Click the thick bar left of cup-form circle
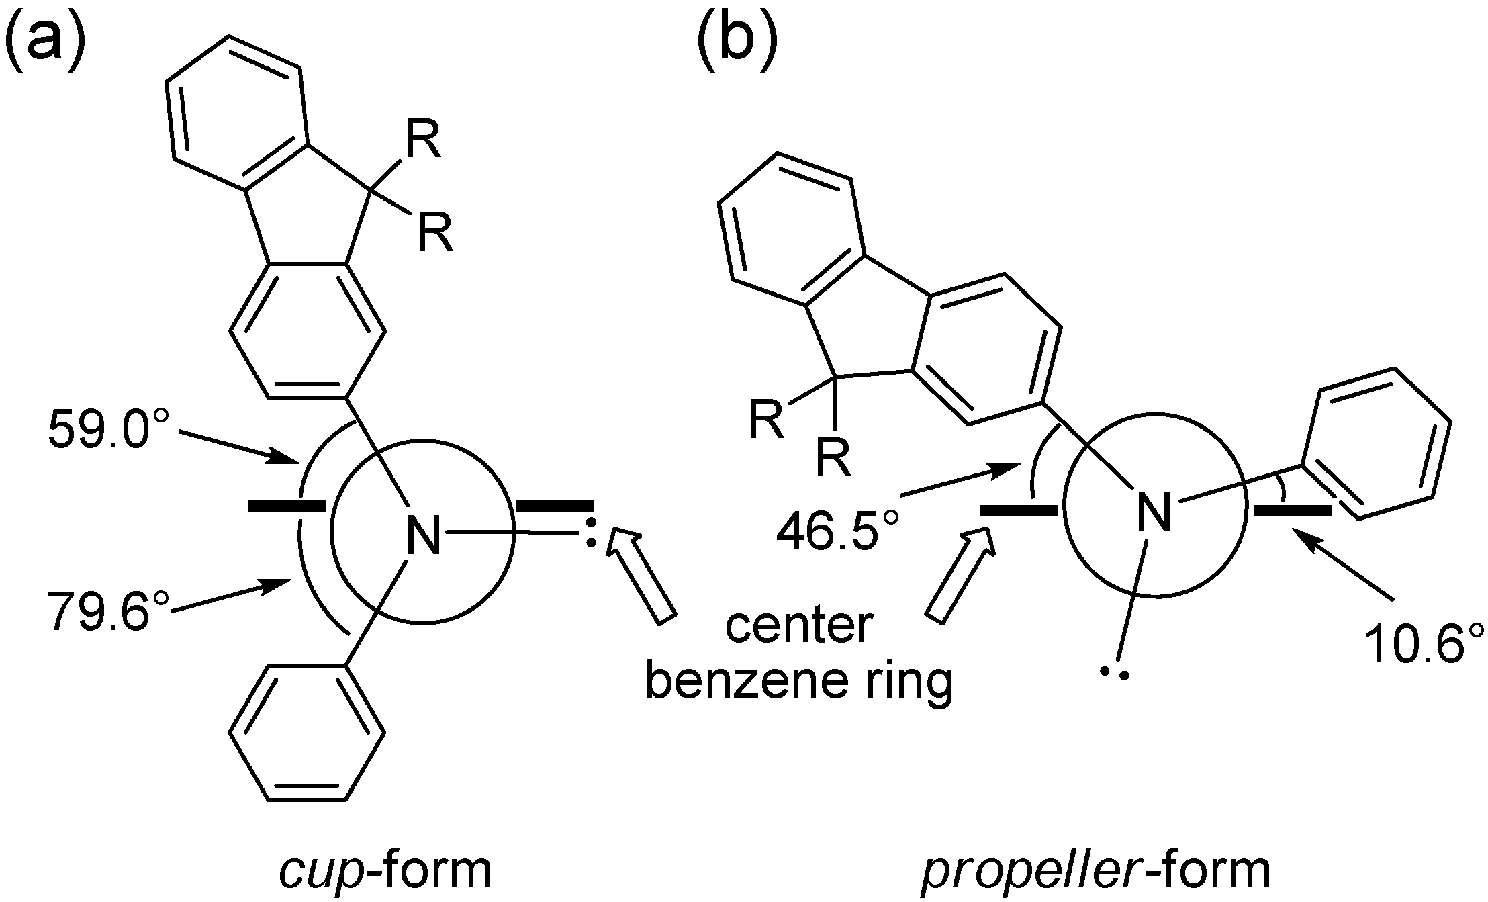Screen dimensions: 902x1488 coord(287,505)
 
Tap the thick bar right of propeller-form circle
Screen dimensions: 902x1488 coord(1293,512)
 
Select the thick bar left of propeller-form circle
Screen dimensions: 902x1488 coord(1019,512)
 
